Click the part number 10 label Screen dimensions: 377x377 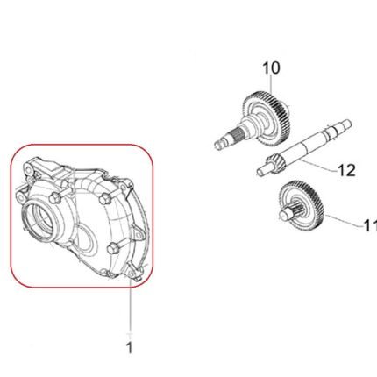271,68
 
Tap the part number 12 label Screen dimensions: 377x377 346,170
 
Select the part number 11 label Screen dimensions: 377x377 370,225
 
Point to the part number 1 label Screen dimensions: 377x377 129,348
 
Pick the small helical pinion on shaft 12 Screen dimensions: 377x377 272,163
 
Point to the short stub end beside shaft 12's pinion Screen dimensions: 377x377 261,171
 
